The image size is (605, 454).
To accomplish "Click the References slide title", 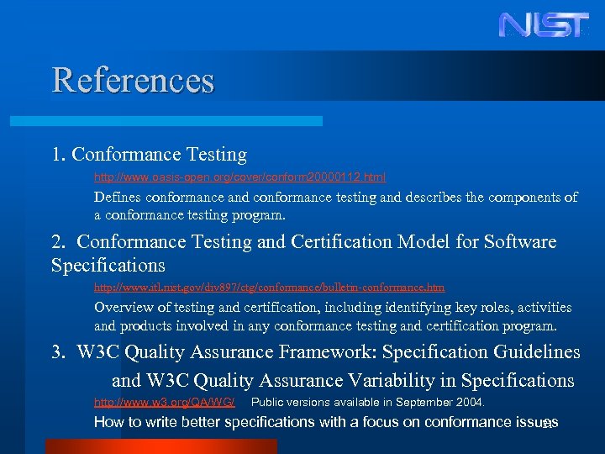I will coord(133,81).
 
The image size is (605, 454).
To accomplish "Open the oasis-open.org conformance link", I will coord(239,177).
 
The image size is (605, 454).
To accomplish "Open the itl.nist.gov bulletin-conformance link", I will coord(269,288).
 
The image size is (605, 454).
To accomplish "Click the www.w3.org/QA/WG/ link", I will coord(164,402).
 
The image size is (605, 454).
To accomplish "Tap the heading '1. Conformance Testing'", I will coord(149,155).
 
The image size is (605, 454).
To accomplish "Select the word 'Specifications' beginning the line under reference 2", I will coord(108,266).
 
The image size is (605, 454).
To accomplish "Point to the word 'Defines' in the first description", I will coord(118,198).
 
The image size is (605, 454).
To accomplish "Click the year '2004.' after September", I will coord(470,402).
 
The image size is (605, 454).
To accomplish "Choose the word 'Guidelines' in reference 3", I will coord(533,352).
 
